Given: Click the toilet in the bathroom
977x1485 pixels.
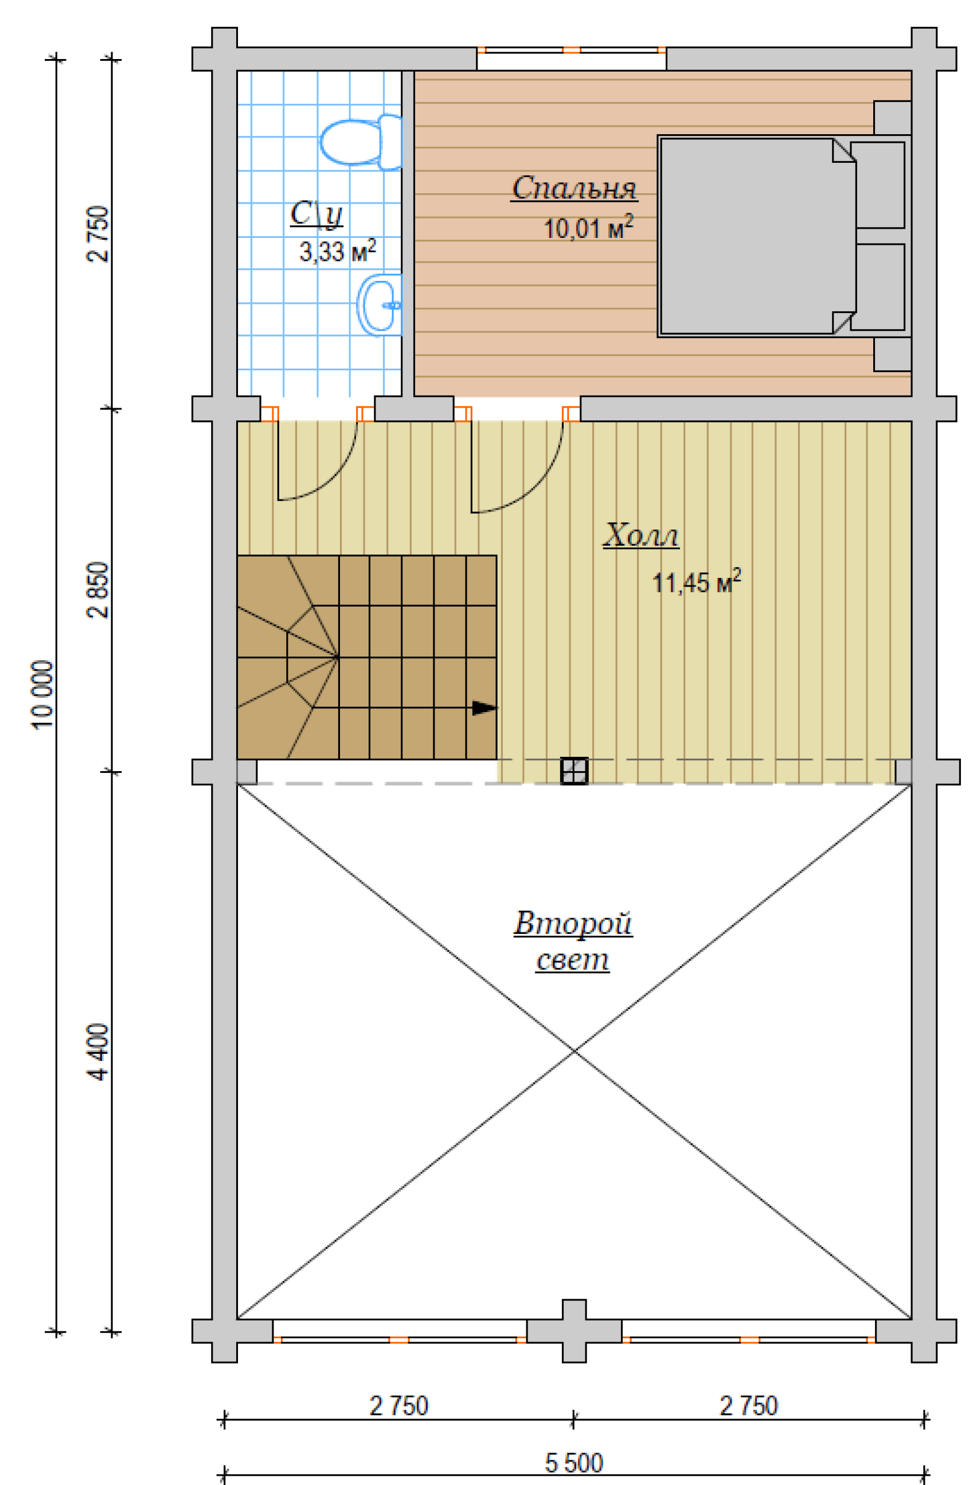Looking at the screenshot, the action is pos(361,142).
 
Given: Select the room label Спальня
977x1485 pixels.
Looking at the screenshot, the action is pos(574,188).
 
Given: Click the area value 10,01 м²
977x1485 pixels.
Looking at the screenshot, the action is pos(588,228).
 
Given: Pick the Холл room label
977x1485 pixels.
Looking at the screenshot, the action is pos(641,535).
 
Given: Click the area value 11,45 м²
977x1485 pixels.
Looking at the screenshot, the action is pos(696,581).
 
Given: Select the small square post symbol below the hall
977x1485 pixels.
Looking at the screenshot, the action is pos(574,771).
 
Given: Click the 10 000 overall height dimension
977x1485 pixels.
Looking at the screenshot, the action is pos(42,694).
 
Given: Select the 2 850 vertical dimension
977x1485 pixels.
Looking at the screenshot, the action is pos(98,589).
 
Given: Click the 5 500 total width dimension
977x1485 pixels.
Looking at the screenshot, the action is pos(574,1463).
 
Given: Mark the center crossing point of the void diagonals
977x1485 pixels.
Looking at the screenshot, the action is pos(575,1052).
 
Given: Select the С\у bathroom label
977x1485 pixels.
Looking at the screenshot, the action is pos(316,213).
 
